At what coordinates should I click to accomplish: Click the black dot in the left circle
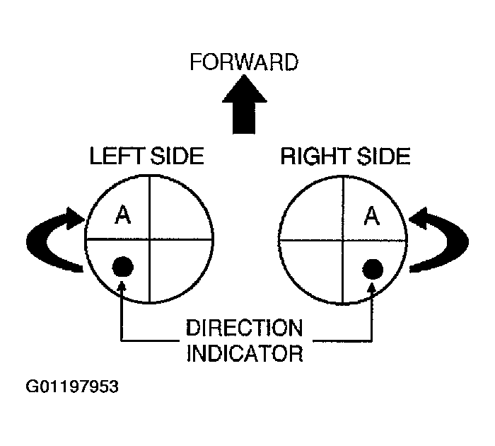tap(123, 266)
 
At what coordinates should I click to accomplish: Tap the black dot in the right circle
tap(372, 268)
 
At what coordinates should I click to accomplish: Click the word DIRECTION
tap(245, 328)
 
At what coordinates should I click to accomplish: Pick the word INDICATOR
tap(245, 352)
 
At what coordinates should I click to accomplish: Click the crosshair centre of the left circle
tap(149, 239)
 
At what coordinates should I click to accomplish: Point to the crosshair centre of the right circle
tap(344, 239)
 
